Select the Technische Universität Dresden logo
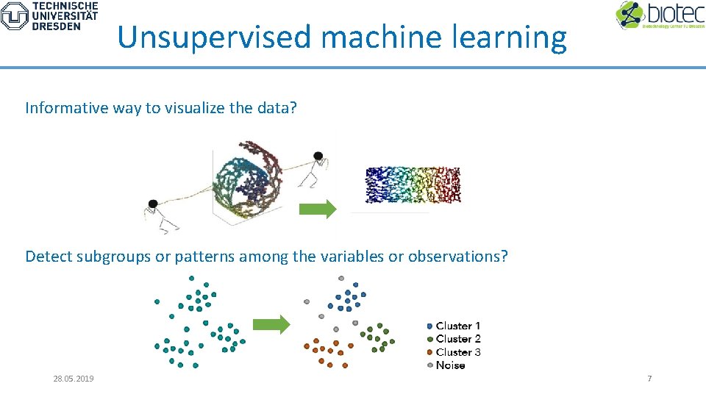[x=49, y=15]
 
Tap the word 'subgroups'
[x=110, y=257]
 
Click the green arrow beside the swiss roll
[x=317, y=210]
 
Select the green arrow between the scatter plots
[x=271, y=324]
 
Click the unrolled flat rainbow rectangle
[x=412, y=185]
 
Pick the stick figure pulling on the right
[x=315, y=168]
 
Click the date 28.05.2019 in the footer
[x=74, y=379]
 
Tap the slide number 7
[x=649, y=379]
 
